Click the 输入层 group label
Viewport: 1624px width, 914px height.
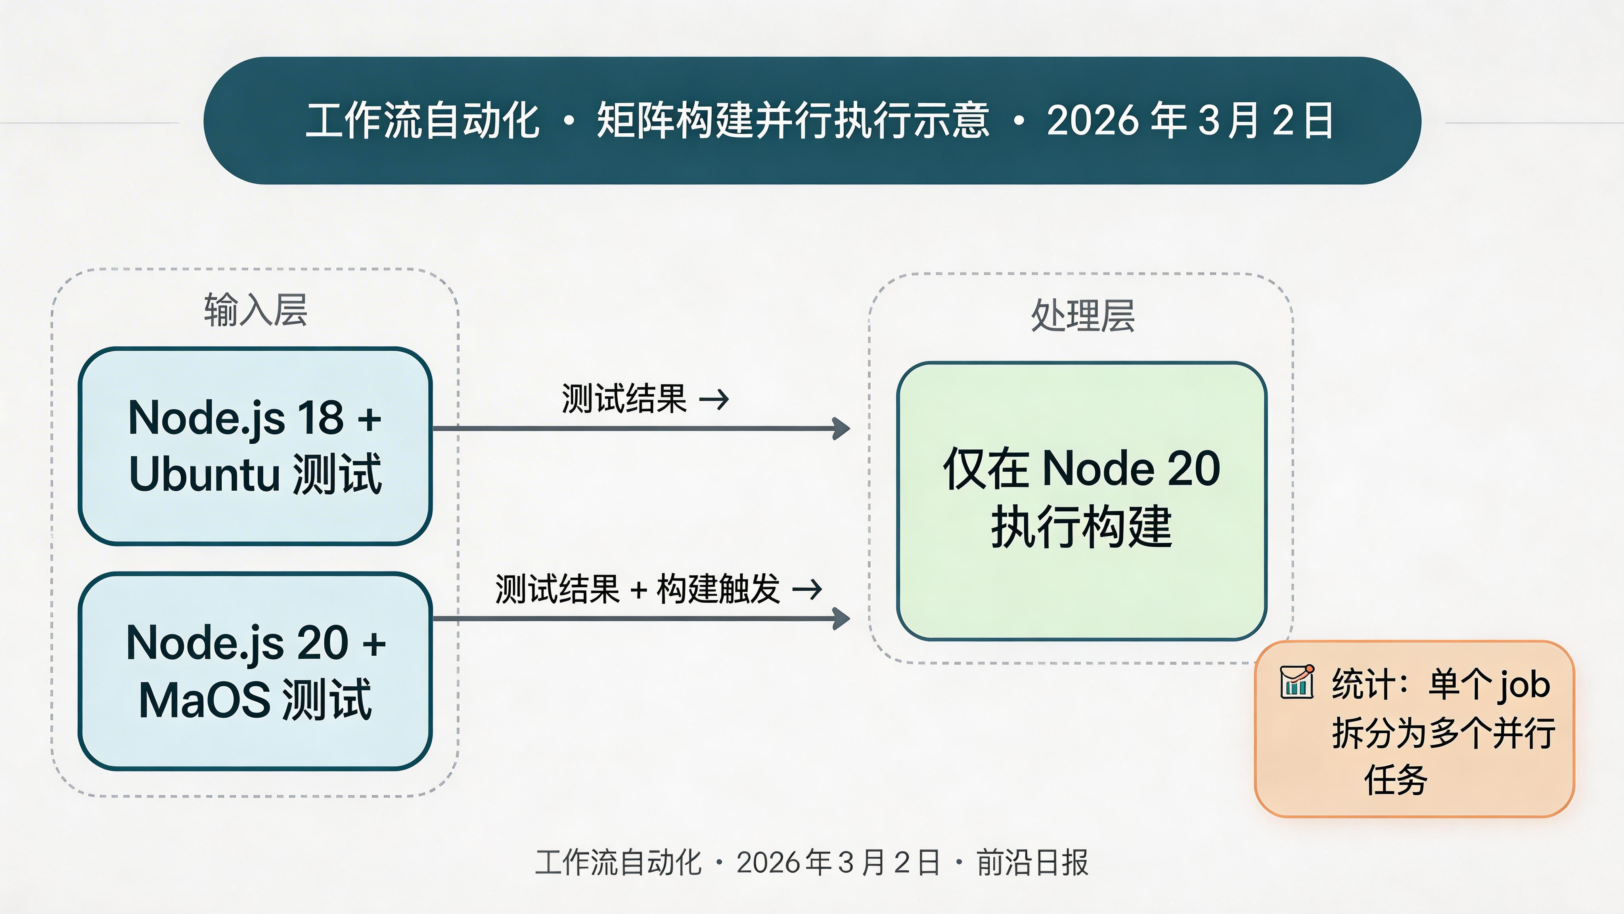(x=255, y=310)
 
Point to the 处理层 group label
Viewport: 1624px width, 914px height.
(x=1082, y=315)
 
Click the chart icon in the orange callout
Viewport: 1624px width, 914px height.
(x=1297, y=682)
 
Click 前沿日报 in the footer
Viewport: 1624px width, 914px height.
(x=1032, y=862)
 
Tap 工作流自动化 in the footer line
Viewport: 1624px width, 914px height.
(x=618, y=862)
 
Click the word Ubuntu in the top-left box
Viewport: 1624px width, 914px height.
(x=204, y=474)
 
